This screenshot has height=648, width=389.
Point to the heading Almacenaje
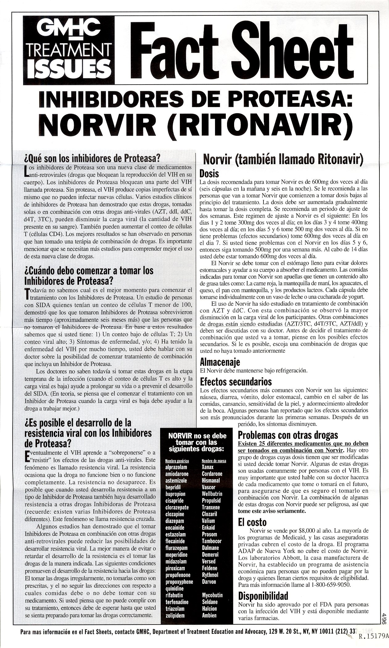220,362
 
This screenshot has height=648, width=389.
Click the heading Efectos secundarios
236,382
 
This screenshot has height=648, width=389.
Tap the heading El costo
252,522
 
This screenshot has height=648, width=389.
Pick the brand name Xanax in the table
208,467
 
